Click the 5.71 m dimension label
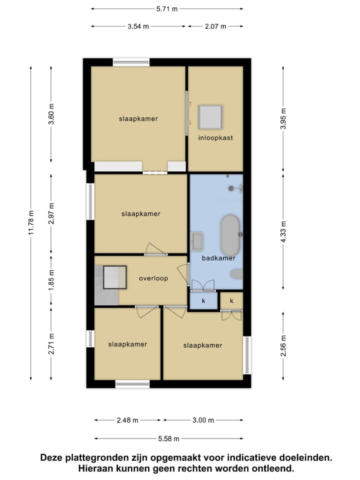(167, 8)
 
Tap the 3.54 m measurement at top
(138, 26)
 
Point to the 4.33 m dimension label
(283, 231)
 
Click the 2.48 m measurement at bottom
(128, 420)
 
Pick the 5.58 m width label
(168, 438)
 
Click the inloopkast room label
(215, 137)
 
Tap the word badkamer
(215, 258)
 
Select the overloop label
(153, 278)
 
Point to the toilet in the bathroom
(236, 273)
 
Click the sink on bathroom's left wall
(196, 241)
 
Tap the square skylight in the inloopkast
(210, 117)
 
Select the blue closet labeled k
(203, 301)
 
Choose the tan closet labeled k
(231, 300)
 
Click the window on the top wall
(131, 63)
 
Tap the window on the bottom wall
(132, 384)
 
